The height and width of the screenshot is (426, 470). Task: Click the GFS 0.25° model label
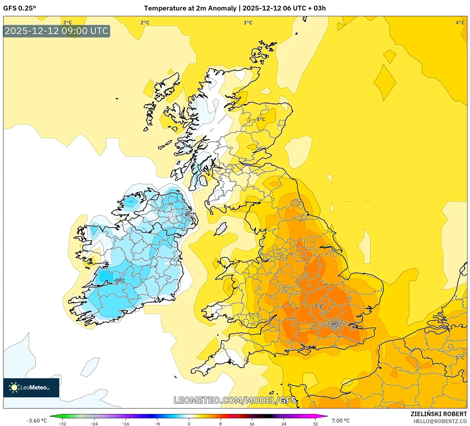(19, 8)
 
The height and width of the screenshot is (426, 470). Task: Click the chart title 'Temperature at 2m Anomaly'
(190, 8)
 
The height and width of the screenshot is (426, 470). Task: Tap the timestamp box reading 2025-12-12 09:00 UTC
(57, 31)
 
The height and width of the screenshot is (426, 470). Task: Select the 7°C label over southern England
(319, 306)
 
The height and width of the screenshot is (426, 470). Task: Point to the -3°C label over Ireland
(119, 280)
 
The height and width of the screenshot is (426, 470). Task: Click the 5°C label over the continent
(460, 358)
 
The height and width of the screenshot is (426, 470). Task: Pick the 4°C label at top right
(460, 23)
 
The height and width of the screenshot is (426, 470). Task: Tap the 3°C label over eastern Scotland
(261, 119)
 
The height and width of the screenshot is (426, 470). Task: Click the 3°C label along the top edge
(248, 23)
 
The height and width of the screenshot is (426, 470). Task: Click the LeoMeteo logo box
(31, 387)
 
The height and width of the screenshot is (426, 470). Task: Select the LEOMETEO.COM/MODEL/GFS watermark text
(235, 400)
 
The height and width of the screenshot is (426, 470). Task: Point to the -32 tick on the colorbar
(62, 423)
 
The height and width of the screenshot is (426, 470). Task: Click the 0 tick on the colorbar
(189, 423)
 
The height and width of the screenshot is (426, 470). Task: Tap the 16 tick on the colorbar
(252, 423)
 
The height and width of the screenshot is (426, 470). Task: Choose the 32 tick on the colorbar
(315, 423)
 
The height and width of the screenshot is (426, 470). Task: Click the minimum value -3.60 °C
(37, 421)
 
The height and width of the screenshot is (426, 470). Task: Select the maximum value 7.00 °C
(340, 421)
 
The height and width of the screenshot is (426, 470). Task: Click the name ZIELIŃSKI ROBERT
(438, 414)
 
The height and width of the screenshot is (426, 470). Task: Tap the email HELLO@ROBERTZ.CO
(440, 421)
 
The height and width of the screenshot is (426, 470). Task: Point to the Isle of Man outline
(221, 228)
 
